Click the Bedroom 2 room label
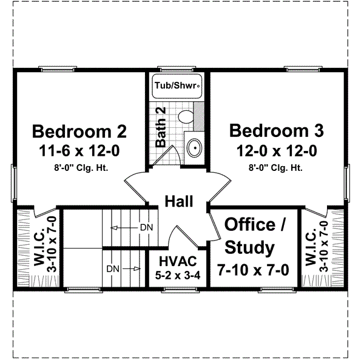click(x=79, y=131)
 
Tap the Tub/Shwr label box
click(x=177, y=86)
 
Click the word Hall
click(x=179, y=201)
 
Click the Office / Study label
click(x=249, y=236)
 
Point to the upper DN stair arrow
click(x=130, y=227)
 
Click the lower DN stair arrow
click(x=121, y=267)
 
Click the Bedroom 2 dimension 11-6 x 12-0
click(x=79, y=150)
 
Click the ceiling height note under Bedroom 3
click(x=276, y=167)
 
